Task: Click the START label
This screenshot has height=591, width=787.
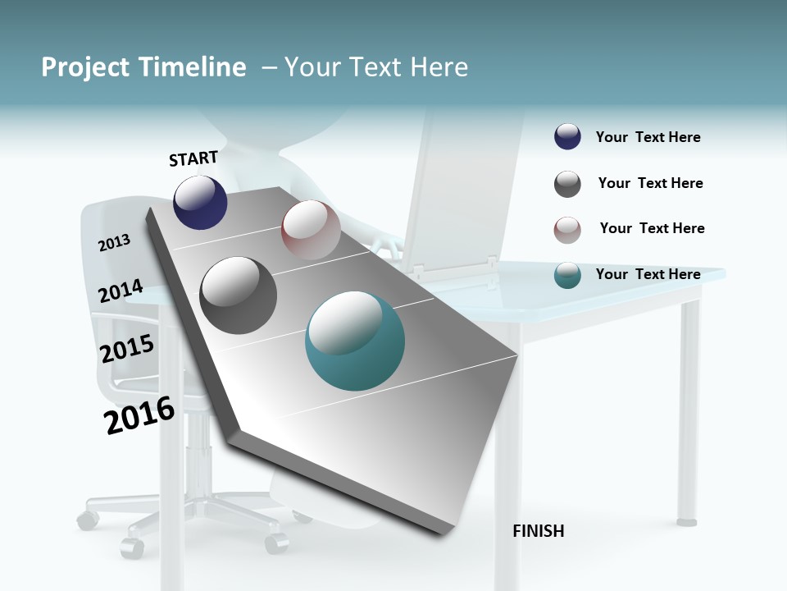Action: point(193,158)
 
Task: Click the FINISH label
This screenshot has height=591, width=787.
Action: point(539,531)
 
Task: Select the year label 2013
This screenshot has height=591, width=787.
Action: point(115,243)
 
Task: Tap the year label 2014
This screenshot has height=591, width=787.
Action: point(121,291)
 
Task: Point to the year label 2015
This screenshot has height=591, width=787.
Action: point(127,349)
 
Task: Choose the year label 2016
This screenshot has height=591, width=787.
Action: point(139,415)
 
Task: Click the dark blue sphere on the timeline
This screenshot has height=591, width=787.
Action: point(200,202)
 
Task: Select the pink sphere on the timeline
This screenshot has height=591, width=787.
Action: point(311,230)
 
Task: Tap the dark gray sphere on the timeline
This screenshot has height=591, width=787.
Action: point(239,295)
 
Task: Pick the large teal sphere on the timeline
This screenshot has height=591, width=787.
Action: point(355,341)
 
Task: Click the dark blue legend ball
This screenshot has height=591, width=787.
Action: point(567,137)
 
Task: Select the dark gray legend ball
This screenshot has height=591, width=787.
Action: point(567,184)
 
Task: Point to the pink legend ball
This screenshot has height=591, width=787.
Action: point(567,230)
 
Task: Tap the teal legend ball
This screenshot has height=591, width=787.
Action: point(567,275)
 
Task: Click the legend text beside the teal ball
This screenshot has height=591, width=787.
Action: point(648,274)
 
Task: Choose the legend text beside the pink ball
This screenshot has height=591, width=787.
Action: point(652,228)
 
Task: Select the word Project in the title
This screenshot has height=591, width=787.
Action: point(84,67)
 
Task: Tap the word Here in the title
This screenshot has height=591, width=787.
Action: point(439,67)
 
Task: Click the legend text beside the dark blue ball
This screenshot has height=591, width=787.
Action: point(648,137)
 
